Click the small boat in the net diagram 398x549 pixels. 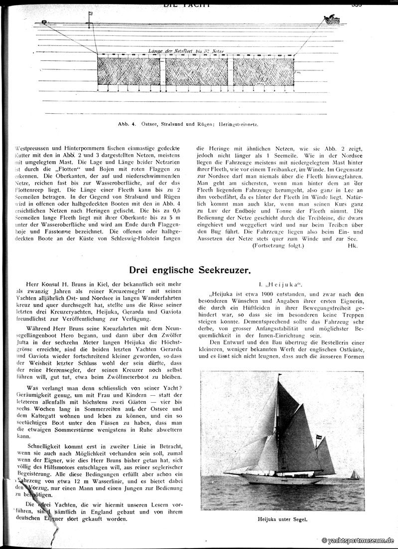(x=331, y=20)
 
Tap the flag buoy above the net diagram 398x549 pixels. (x=90, y=16)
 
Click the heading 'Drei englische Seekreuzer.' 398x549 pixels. (x=190, y=271)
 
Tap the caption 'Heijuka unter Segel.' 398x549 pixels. (x=283, y=519)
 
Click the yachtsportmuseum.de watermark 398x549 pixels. (x=359, y=541)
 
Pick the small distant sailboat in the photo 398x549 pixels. (x=354, y=475)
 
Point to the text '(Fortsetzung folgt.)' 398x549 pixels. (x=278, y=246)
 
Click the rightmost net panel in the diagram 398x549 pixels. (x=263, y=72)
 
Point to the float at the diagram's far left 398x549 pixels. (x=44, y=22)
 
